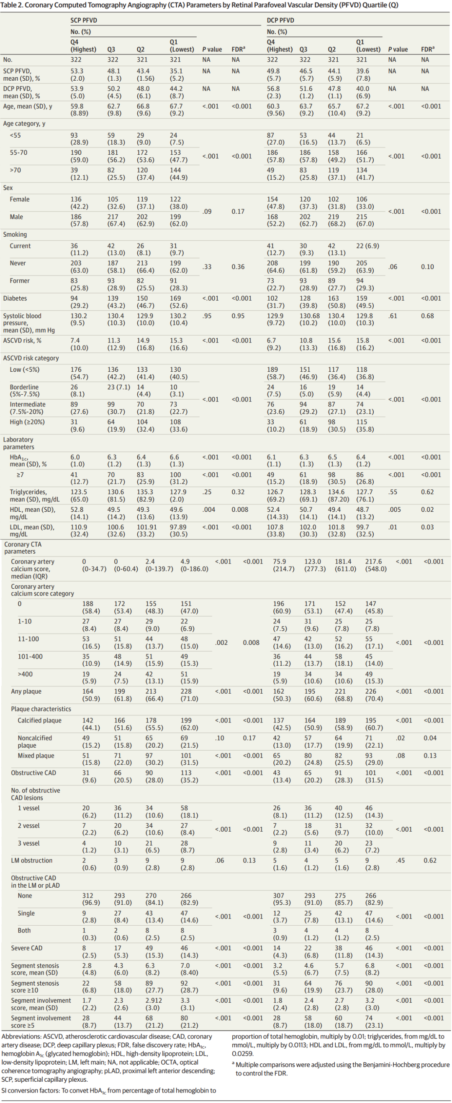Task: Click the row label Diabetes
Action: point(15,299)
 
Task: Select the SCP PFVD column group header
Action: point(84,20)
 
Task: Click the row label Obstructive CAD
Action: point(33,773)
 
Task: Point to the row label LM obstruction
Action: point(32,860)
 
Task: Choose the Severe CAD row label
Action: point(26,948)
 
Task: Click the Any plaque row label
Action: point(26,691)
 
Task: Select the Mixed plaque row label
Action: point(36,755)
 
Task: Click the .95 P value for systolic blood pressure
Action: point(207,316)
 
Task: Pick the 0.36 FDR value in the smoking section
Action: point(238,267)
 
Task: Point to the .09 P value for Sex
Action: point(207,211)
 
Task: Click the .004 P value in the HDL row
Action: point(209,510)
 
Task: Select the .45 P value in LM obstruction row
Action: point(400,860)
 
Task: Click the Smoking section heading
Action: point(15,234)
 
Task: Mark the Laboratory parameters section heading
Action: point(18,443)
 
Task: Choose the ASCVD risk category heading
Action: point(31,358)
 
